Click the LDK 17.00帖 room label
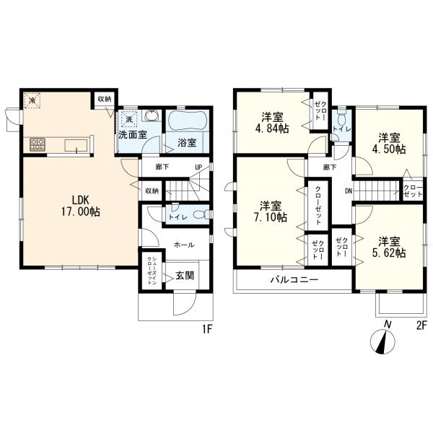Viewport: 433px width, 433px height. click(x=80, y=206)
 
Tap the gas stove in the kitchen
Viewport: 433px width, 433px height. click(x=38, y=144)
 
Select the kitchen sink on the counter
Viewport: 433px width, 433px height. click(x=76, y=146)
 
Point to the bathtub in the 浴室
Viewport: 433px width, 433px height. click(x=187, y=121)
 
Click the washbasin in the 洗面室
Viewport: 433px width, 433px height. click(x=152, y=115)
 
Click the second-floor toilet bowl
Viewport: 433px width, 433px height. click(x=341, y=120)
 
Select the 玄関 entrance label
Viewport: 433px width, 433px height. click(x=185, y=276)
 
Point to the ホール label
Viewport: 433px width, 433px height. click(x=184, y=245)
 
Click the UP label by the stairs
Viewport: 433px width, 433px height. click(x=198, y=167)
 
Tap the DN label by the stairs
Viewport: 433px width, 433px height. click(x=349, y=191)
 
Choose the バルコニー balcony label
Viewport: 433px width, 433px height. click(x=294, y=280)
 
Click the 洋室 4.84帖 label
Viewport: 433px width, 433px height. click(x=272, y=123)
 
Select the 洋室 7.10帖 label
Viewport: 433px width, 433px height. click(x=271, y=211)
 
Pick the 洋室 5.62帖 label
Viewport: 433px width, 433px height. click(x=389, y=247)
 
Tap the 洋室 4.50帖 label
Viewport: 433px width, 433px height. click(x=389, y=143)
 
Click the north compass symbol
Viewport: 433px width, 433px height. click(x=382, y=342)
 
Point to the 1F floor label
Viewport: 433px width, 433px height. click(x=207, y=330)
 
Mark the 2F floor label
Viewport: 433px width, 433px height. click(x=421, y=325)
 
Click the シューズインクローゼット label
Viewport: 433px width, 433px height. click(x=152, y=271)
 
